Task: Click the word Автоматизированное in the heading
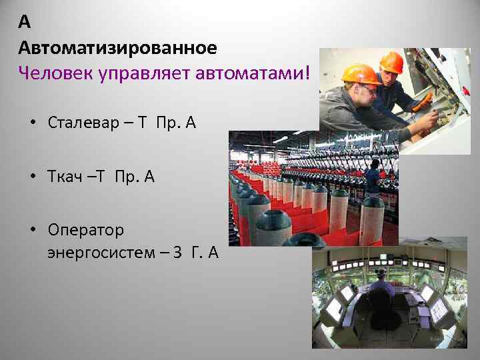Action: [117, 47]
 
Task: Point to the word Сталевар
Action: [82, 123]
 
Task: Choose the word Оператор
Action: [86, 230]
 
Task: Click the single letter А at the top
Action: [25, 23]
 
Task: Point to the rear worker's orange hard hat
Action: [391, 61]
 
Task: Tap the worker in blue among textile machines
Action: [373, 175]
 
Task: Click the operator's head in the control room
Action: [381, 274]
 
